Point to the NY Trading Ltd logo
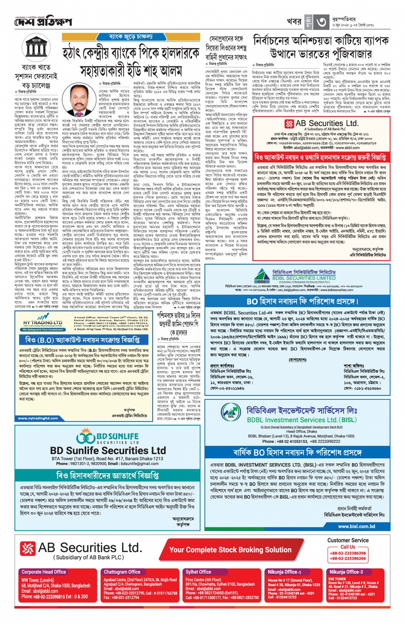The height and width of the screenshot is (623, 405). [x=43, y=323]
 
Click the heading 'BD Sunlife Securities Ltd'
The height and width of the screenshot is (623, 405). [x=108, y=451]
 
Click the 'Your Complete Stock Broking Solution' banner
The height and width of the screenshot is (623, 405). [x=230, y=550]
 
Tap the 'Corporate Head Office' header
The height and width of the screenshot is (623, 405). [x=44, y=572]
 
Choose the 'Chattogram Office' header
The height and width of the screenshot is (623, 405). [x=122, y=572]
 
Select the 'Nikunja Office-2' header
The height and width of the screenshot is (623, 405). [x=346, y=572]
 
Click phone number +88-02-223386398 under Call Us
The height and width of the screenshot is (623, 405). [x=348, y=553]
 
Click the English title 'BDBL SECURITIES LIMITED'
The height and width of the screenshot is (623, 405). [x=304, y=278]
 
